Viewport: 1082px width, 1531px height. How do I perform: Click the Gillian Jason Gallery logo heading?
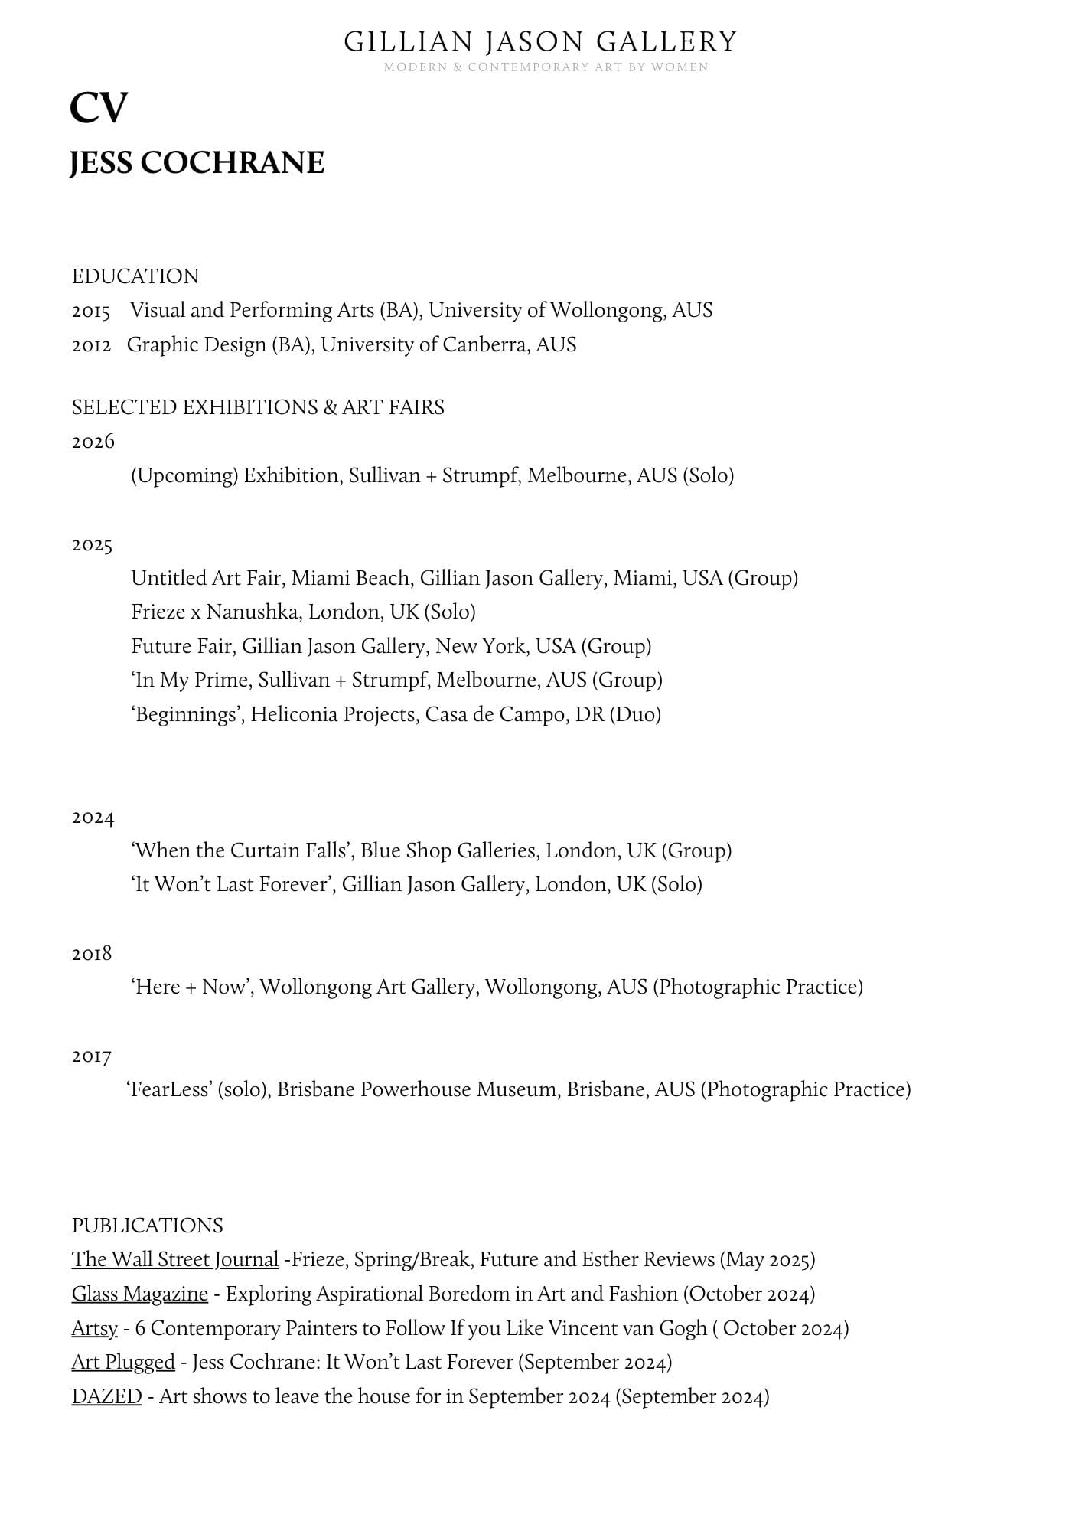click(x=540, y=41)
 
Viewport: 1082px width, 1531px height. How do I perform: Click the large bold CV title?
click(x=99, y=107)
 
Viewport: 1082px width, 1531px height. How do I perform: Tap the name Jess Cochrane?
click(x=197, y=163)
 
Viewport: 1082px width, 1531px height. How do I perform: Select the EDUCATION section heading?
click(x=135, y=276)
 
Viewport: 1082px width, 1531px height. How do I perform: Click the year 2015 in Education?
click(x=91, y=312)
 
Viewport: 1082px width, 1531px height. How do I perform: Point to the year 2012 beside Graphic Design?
click(x=91, y=345)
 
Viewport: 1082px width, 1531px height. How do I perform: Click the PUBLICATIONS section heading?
click(x=148, y=1226)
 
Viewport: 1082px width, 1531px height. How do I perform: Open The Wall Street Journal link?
click(x=175, y=1260)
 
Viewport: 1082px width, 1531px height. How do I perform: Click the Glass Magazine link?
click(x=140, y=1294)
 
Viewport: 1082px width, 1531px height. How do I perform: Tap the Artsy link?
click(x=95, y=1328)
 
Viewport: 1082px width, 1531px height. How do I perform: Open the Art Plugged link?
click(x=123, y=1363)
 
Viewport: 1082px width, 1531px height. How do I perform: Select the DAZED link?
click(x=107, y=1397)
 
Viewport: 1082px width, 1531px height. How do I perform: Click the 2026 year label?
click(x=93, y=442)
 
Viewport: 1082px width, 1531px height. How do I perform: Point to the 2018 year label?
click(x=92, y=954)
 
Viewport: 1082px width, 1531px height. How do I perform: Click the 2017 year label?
click(x=92, y=1056)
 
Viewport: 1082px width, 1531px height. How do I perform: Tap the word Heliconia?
click(x=293, y=715)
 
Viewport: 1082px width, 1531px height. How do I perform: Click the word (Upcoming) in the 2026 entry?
click(x=184, y=476)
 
